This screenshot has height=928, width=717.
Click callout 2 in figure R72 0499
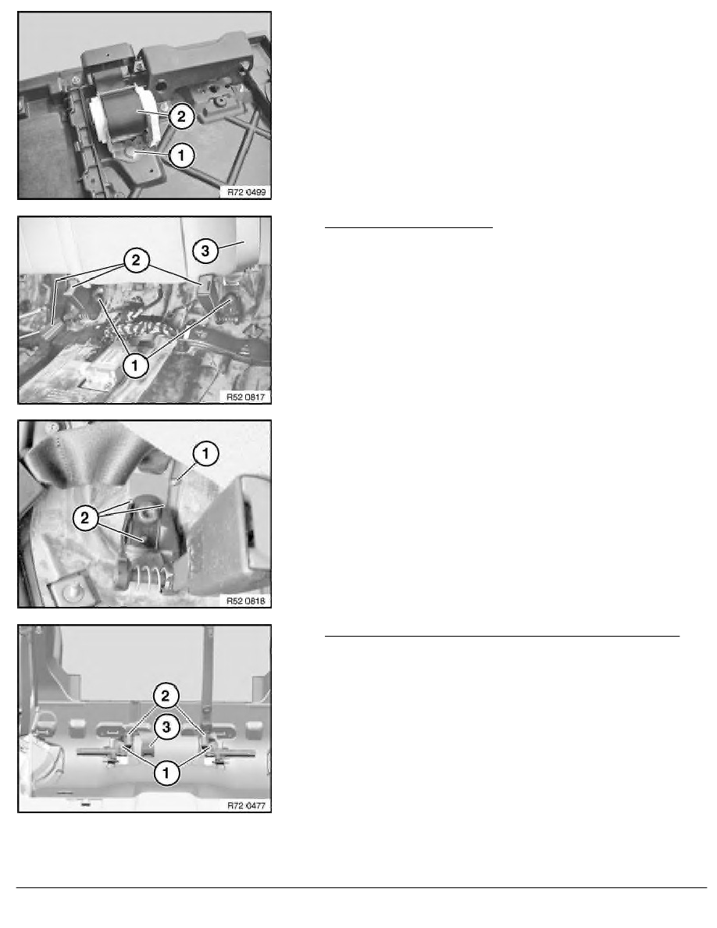[x=181, y=116]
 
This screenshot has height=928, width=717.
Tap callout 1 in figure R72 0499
[x=181, y=155]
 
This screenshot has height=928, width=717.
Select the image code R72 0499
[x=247, y=191]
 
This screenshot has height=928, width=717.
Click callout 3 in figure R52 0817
[x=205, y=250]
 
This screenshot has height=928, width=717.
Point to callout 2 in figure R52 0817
[x=137, y=260]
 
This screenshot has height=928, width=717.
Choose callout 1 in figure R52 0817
[x=135, y=365]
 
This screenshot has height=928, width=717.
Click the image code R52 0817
[x=246, y=397]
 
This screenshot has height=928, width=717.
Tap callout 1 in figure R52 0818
[x=205, y=454]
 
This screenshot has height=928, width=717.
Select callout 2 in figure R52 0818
[x=85, y=518]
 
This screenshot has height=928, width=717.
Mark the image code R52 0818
[x=246, y=601]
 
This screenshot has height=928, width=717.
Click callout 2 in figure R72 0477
[x=166, y=695]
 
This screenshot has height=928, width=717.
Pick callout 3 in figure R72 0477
[x=166, y=726]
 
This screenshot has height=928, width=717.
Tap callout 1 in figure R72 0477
[x=166, y=773]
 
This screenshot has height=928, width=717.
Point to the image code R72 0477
[x=247, y=805]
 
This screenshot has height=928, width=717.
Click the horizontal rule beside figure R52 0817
[x=408, y=227]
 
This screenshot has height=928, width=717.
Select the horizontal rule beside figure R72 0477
[x=502, y=636]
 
